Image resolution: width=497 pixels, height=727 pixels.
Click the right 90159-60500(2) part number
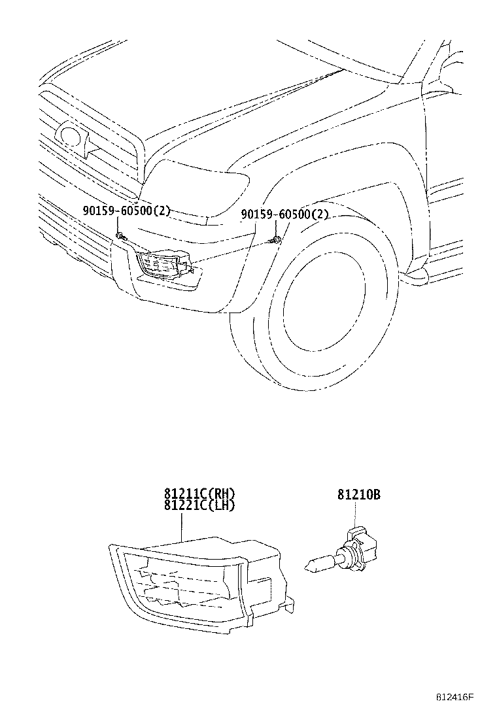284,214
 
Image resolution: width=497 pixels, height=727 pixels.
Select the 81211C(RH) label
199,494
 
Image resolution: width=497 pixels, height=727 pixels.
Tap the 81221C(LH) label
199,505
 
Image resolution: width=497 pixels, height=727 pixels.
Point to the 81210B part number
359,495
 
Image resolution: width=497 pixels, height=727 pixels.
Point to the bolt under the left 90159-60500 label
119,235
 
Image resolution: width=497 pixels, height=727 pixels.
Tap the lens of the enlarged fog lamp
177,582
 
